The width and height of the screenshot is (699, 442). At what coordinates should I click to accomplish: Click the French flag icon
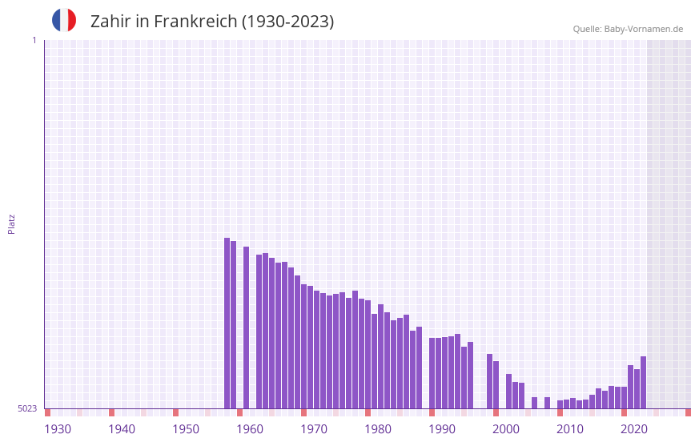click(64, 20)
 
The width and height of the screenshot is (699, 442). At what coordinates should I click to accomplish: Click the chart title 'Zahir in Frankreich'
click(212, 22)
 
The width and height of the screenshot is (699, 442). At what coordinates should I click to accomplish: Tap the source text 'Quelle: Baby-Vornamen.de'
click(628, 29)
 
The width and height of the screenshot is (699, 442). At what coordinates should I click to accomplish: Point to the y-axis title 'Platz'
click(11, 223)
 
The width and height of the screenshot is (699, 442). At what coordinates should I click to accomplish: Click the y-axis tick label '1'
click(34, 40)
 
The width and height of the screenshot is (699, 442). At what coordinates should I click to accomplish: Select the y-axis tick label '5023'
click(27, 408)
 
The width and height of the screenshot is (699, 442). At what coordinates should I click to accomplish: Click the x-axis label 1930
click(58, 429)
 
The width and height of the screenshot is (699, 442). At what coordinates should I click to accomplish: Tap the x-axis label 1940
click(122, 429)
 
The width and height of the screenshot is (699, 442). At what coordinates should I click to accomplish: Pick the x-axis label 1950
click(186, 429)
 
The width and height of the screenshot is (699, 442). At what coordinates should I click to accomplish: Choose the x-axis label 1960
click(250, 429)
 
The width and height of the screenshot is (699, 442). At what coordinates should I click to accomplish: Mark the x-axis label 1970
click(314, 429)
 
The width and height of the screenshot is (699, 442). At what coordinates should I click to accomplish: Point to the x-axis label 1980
click(378, 429)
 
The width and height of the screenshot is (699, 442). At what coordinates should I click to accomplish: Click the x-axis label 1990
click(442, 429)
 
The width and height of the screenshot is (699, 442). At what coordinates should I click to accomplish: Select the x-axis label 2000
click(506, 429)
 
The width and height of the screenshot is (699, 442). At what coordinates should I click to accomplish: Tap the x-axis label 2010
click(570, 429)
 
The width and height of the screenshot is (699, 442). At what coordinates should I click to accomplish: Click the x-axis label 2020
click(634, 429)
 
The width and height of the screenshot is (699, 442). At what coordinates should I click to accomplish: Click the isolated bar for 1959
click(246, 327)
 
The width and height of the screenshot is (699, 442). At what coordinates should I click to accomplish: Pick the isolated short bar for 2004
click(534, 403)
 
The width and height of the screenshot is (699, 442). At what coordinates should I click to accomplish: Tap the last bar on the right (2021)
click(643, 382)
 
